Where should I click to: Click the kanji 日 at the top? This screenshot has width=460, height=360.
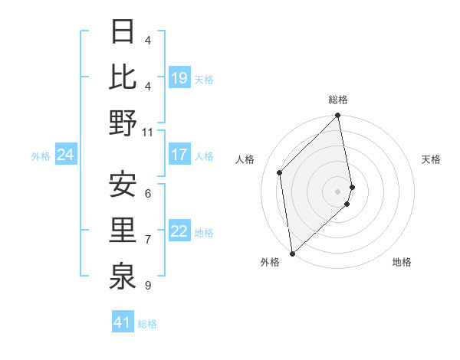(x=123, y=32)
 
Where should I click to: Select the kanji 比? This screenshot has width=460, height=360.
(x=123, y=77)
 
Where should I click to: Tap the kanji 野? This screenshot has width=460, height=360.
(x=123, y=123)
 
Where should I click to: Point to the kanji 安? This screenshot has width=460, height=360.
(x=123, y=185)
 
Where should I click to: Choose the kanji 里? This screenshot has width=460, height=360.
(x=123, y=230)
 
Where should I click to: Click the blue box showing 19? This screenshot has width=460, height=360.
(x=179, y=77)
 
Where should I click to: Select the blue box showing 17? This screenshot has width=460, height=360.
(x=179, y=155)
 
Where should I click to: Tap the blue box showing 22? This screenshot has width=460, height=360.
(x=179, y=231)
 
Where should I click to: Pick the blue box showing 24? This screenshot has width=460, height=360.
(x=65, y=155)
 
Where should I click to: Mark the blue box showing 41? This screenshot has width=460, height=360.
(x=123, y=322)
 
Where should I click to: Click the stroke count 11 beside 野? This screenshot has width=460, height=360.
(x=148, y=133)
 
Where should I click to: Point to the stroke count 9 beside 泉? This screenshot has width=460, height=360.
(x=147, y=286)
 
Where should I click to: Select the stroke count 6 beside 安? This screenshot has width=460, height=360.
(x=147, y=194)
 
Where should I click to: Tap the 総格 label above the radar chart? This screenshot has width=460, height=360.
(x=338, y=100)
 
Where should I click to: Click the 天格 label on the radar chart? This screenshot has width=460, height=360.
(x=431, y=159)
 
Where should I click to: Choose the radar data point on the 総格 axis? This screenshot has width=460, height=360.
(x=338, y=116)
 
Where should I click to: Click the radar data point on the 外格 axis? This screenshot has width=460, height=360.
(x=292, y=253)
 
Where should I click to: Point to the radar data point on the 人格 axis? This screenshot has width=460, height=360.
(x=280, y=172)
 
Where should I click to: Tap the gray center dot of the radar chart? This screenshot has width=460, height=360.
(x=338, y=191)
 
